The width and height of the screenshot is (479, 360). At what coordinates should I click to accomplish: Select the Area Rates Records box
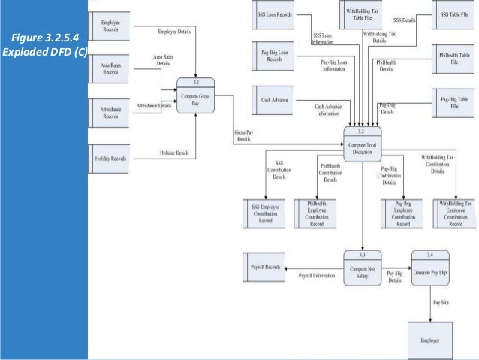click(x=111, y=69)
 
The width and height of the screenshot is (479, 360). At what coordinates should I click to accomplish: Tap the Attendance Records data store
click(x=111, y=113)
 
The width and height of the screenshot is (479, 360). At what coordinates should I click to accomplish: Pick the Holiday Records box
click(x=111, y=159)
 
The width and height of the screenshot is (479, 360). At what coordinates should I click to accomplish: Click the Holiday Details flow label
click(x=173, y=153)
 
